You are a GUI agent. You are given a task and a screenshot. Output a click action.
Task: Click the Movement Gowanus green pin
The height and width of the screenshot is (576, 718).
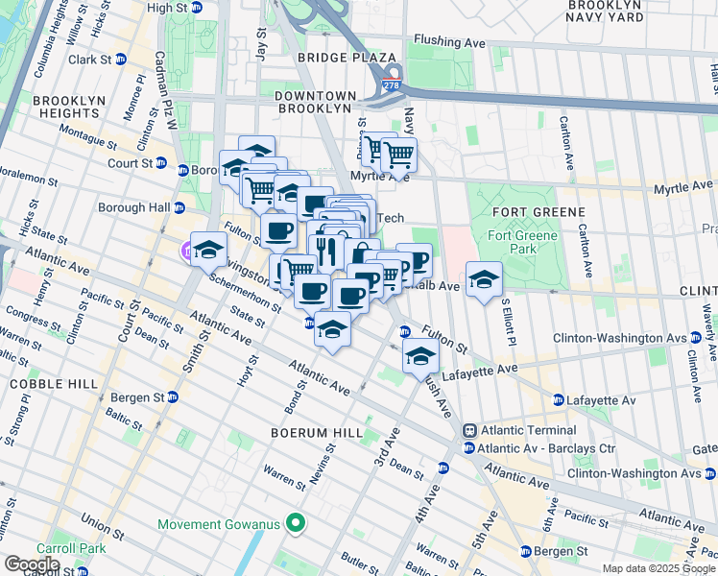[x=295, y=524]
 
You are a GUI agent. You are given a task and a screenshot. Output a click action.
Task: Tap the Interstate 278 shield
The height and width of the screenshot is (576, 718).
[x=392, y=86]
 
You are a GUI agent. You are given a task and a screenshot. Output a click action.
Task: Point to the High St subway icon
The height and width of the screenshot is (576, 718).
[x=197, y=8]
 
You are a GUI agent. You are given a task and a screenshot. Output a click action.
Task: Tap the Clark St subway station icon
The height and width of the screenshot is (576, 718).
[x=121, y=59]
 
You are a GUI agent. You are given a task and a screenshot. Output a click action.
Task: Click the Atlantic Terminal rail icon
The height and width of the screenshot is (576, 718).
[x=469, y=431]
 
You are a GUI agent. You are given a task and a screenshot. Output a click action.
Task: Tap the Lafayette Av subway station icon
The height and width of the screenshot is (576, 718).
[x=558, y=399]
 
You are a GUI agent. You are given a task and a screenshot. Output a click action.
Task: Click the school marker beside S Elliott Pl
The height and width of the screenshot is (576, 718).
[x=485, y=280]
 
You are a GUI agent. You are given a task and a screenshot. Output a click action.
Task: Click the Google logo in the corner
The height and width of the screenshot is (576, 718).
[x=32, y=564]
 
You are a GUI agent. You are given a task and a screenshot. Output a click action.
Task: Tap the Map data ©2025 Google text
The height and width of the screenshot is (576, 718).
[x=658, y=568]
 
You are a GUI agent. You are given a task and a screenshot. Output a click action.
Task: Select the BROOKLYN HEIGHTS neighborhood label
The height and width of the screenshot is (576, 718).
[x=66, y=107]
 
